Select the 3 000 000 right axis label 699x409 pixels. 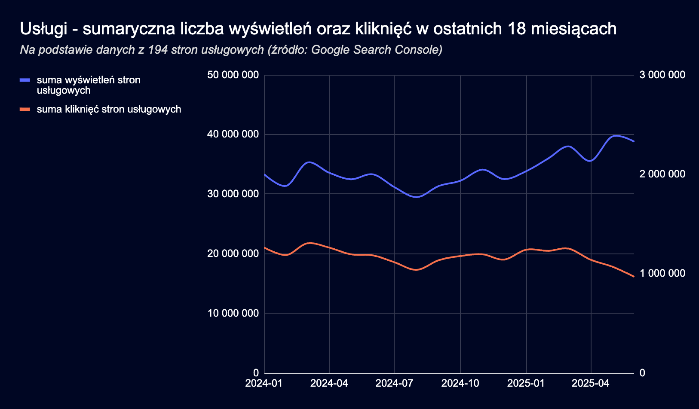point(662,75)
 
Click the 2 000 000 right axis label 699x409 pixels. point(662,174)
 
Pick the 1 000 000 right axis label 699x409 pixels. point(662,273)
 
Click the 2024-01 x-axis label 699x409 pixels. point(264,383)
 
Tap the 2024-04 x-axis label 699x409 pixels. point(329,383)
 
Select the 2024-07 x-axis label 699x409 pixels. point(394,383)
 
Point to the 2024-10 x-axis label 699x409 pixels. point(460,383)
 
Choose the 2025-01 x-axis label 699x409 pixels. point(526,383)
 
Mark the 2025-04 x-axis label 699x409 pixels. point(591,383)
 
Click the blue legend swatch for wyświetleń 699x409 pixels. point(25,80)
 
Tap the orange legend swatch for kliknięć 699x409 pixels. point(25,110)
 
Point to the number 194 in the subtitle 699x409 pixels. point(157,50)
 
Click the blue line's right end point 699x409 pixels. point(634,141)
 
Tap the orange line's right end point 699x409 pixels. point(634,277)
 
